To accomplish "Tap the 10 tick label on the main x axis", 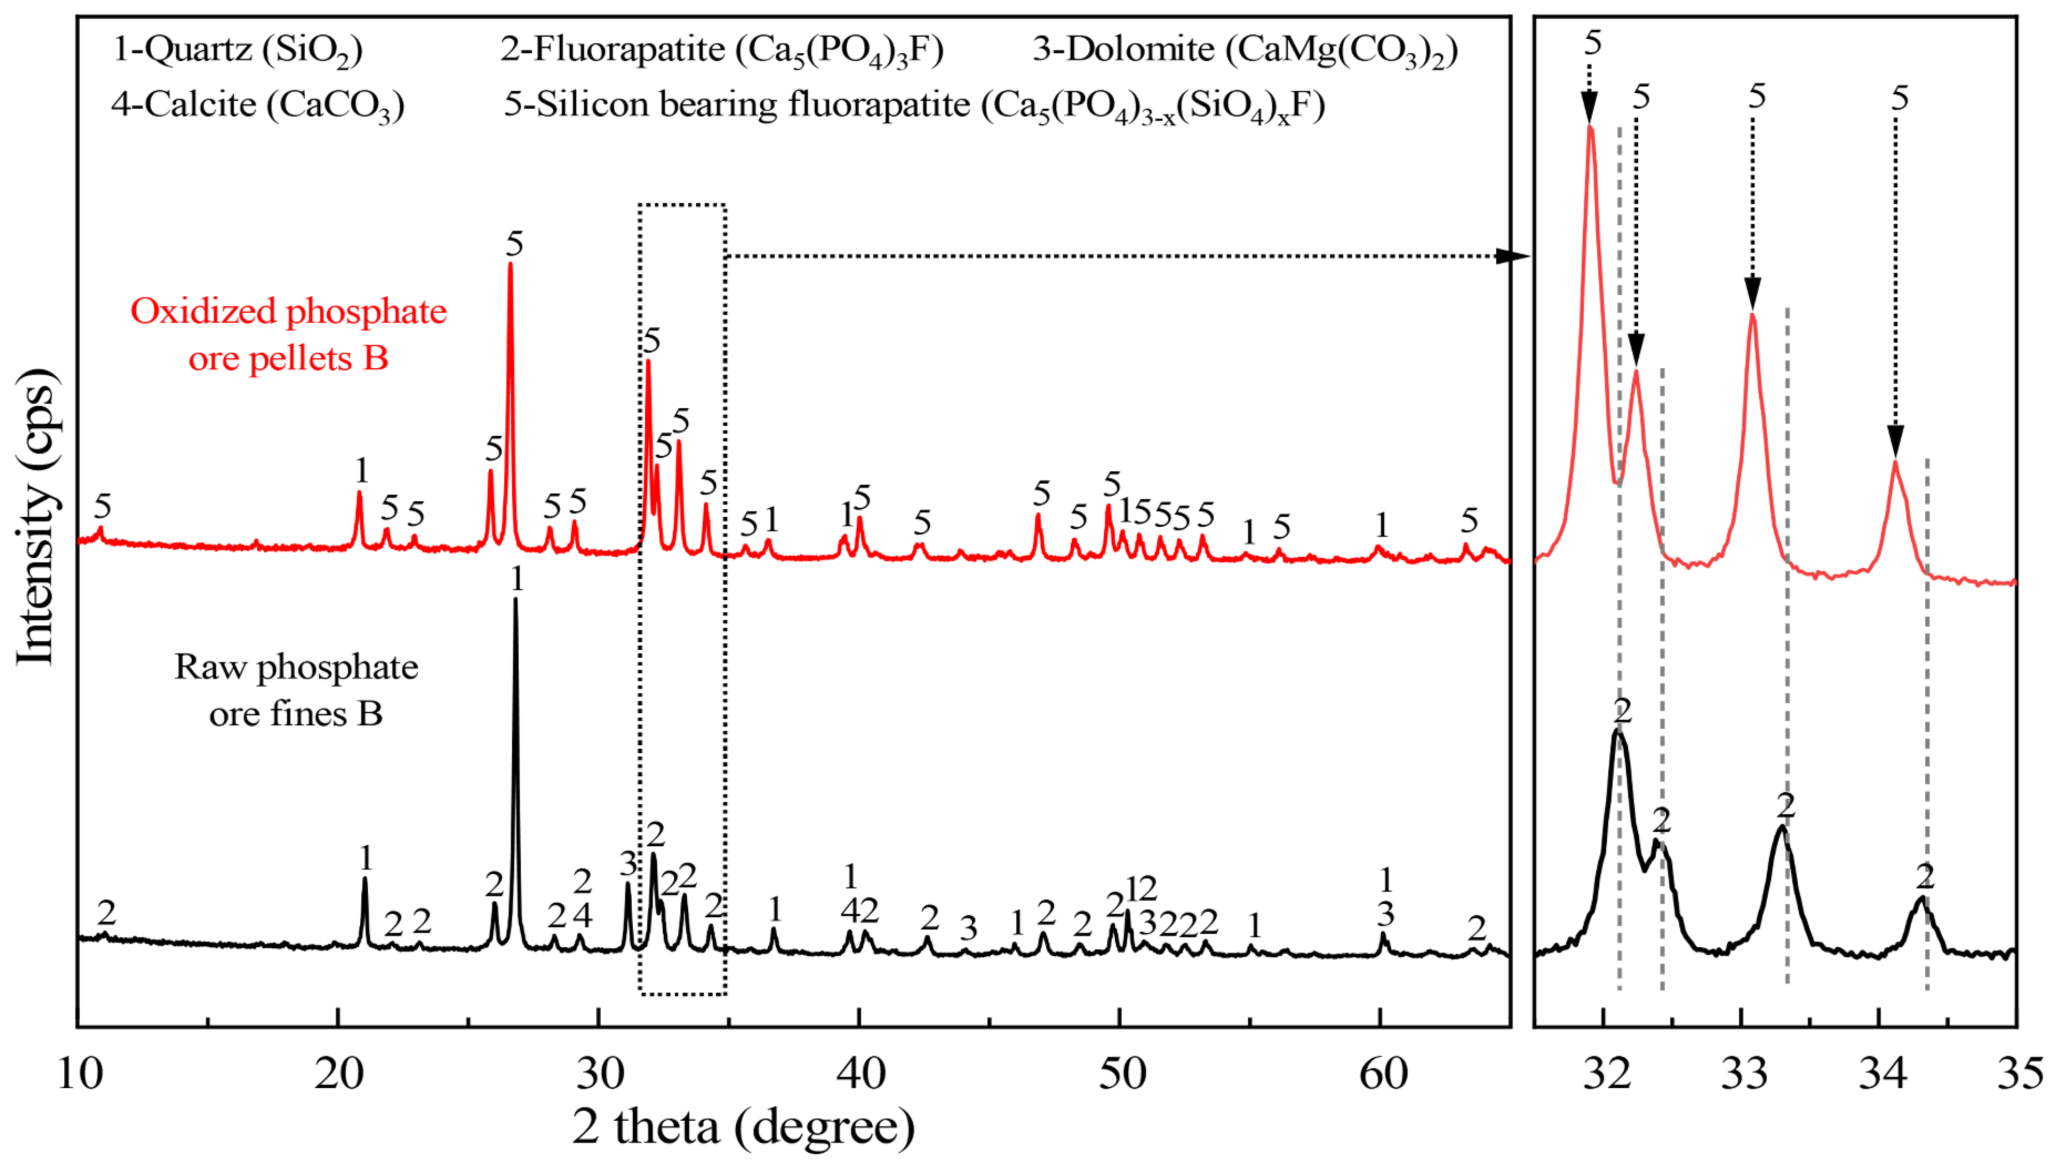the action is (80, 1074).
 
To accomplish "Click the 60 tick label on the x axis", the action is (1383, 1074).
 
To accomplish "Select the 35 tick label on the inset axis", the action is (2020, 1074).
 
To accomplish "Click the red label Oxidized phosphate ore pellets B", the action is (289, 334).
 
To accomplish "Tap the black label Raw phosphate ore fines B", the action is (296, 689).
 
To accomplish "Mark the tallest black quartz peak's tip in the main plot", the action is (515, 599).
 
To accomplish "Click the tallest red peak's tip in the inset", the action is (1590, 126).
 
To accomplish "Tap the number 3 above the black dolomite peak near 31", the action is (628, 864).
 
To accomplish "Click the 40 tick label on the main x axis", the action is (860, 1074).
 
